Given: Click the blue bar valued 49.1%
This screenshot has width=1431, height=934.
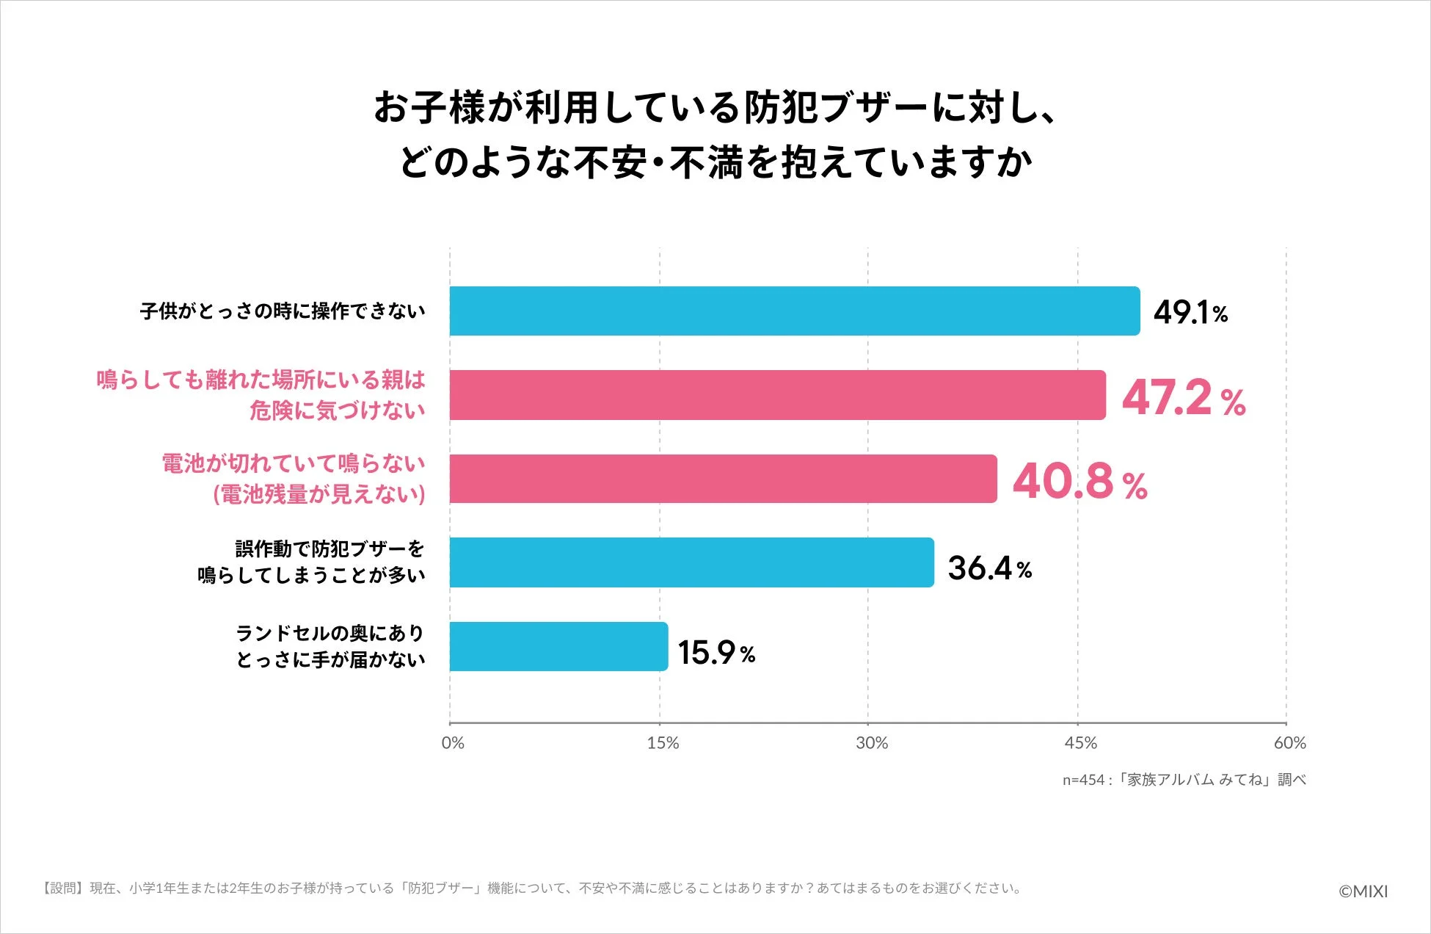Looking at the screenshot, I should click(794, 311).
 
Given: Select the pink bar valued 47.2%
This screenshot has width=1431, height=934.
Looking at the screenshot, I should click(777, 395).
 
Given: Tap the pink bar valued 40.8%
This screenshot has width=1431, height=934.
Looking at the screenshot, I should click(723, 479).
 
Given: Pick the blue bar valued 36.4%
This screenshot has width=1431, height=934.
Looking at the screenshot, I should click(691, 562).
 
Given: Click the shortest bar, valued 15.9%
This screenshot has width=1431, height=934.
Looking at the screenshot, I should click(558, 646).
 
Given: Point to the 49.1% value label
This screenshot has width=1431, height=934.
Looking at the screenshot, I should click(1190, 313).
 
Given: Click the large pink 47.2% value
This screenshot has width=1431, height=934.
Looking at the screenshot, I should click(1183, 398).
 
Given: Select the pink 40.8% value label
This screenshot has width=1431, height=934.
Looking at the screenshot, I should click(1079, 482).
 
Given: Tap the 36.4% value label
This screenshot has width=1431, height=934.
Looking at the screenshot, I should click(989, 568).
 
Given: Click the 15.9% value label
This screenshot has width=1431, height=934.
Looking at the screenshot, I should click(716, 652).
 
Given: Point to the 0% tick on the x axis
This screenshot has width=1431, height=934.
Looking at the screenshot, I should click(453, 743).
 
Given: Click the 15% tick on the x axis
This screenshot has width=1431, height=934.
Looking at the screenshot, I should click(662, 743).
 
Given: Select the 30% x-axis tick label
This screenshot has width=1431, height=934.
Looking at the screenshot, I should click(871, 743).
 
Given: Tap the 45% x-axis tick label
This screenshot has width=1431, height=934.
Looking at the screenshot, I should click(1080, 743).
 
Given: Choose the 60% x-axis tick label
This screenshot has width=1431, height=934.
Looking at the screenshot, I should click(1289, 743).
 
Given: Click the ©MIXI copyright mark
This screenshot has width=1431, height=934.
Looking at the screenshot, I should click(1363, 891).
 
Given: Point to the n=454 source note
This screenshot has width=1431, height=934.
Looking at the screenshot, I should click(1184, 780).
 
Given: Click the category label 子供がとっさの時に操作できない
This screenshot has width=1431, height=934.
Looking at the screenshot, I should click(283, 311).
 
